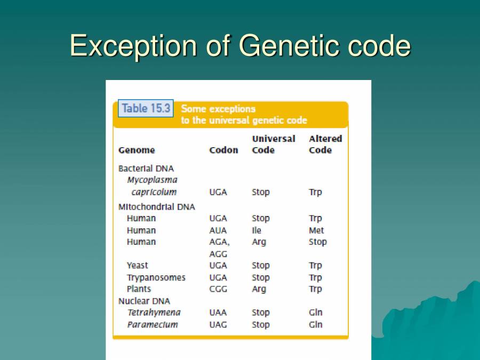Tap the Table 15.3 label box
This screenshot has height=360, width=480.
(146, 108)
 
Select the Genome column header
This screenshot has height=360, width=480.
(137, 150)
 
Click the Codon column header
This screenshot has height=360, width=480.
(223, 150)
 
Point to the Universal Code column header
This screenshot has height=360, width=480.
(273, 145)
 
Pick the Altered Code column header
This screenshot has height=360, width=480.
(325, 145)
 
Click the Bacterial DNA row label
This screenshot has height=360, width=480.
(146, 169)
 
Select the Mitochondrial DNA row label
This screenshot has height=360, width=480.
(156, 206)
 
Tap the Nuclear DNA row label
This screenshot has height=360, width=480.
(144, 301)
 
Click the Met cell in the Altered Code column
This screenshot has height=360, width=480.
(316, 230)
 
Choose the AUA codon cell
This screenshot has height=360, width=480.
(218, 230)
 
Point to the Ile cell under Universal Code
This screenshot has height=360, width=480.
(257, 230)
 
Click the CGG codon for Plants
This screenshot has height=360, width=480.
(218, 289)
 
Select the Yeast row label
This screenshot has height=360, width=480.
(138, 265)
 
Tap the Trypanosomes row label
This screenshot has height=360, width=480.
(156, 277)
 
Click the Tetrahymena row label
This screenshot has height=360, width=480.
(154, 313)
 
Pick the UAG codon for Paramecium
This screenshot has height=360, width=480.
(218, 324)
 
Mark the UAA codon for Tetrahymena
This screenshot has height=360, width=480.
(218, 313)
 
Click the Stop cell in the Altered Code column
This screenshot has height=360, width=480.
(317, 242)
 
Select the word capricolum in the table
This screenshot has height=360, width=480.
(154, 192)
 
